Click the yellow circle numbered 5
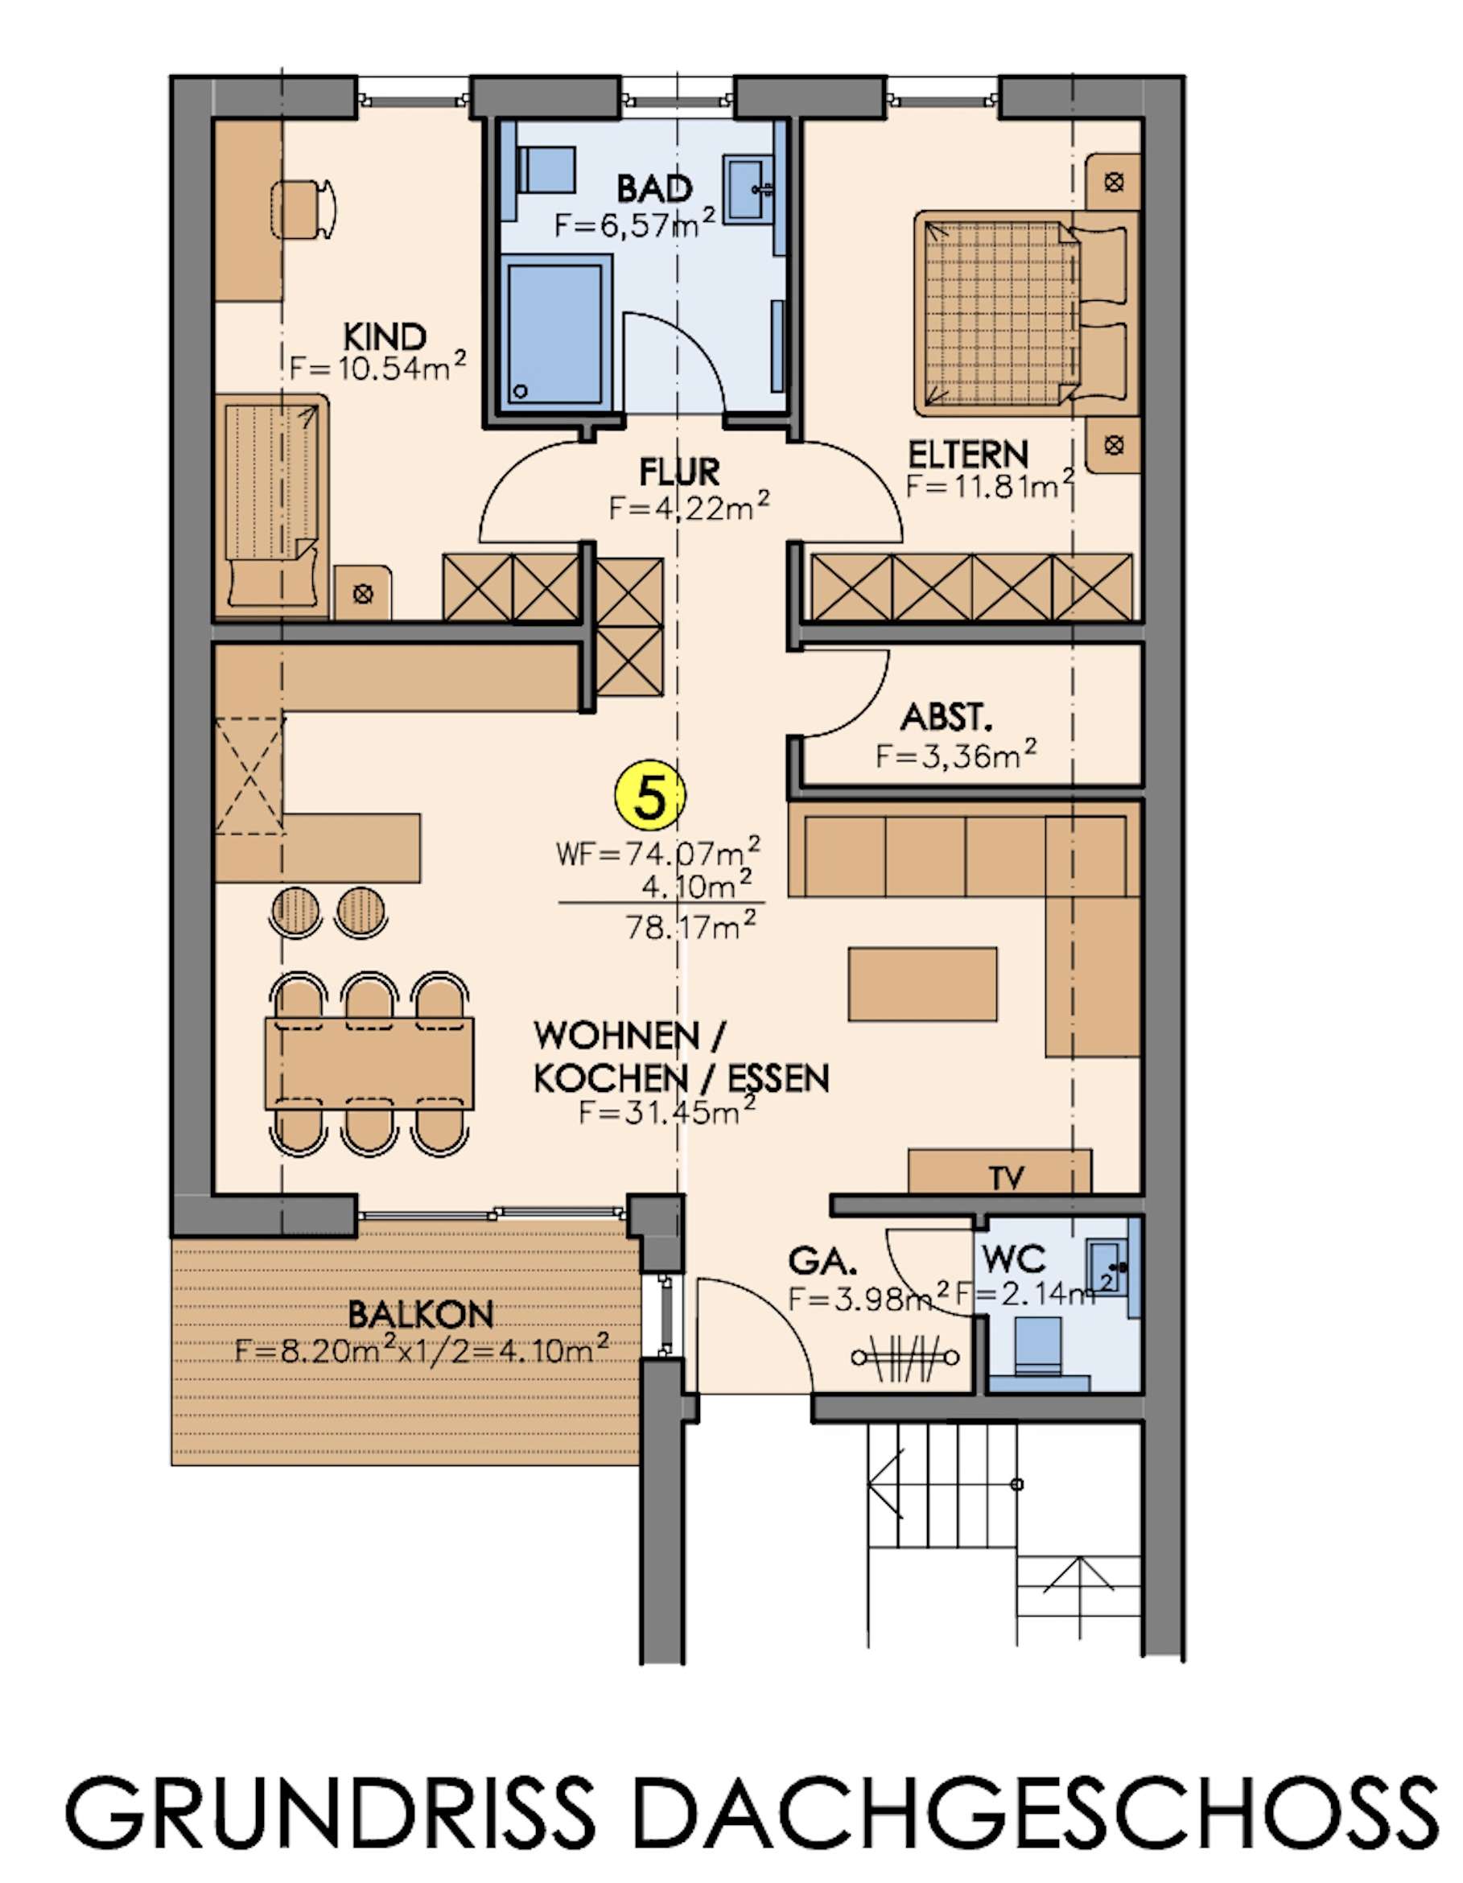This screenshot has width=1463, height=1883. coord(649,798)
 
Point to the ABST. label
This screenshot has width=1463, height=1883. coord(942,717)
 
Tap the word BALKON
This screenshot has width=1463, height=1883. coord(421,1315)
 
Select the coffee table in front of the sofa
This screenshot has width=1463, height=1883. coord(922,983)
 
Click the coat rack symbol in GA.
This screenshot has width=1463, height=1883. coord(905,1356)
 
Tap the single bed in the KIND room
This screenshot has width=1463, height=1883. coord(274,505)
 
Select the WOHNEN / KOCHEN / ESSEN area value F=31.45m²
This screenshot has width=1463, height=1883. coord(666,1112)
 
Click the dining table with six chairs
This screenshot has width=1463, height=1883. coord(370,1062)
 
